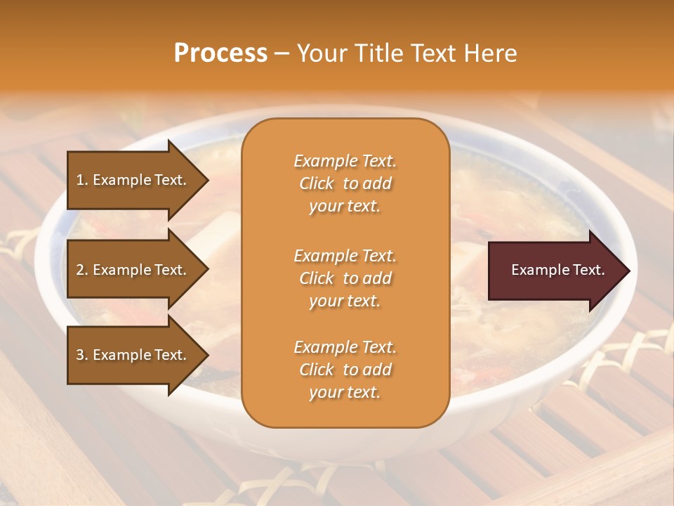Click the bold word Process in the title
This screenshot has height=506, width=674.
(220, 53)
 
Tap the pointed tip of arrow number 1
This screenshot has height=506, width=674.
(206, 180)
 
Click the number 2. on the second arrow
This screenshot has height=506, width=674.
(82, 270)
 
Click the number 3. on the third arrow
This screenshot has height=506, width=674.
(82, 355)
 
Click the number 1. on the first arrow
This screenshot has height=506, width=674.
(82, 180)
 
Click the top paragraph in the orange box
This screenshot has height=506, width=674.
(345, 183)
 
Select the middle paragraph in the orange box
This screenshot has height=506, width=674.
(345, 278)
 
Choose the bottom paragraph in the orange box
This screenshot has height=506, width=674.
(345, 370)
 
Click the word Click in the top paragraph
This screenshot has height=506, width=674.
(317, 183)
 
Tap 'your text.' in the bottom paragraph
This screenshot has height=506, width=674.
(345, 392)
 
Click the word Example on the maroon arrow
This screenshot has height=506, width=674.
(535, 270)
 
